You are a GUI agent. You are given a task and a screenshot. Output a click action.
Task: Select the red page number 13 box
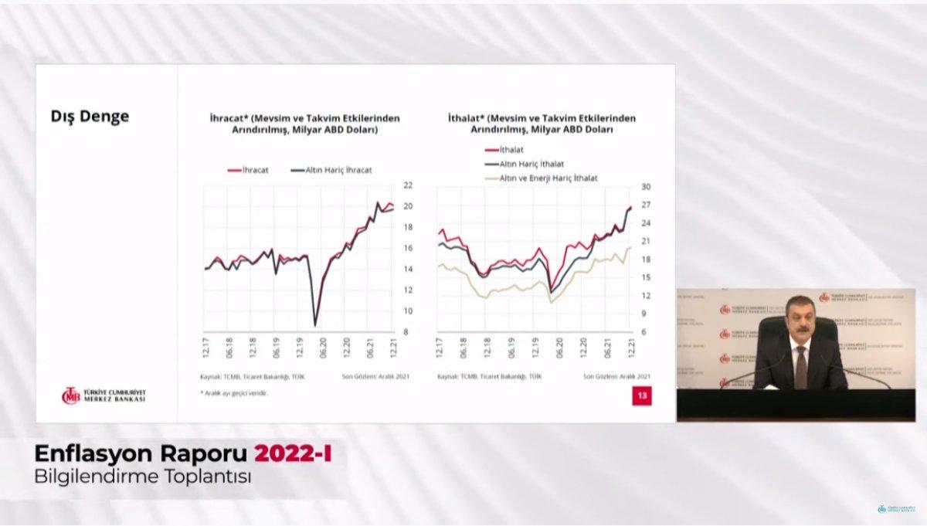click(641, 395)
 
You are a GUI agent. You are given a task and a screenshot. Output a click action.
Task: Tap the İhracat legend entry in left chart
click(249, 170)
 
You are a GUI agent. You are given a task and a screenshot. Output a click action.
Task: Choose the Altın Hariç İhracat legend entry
click(333, 170)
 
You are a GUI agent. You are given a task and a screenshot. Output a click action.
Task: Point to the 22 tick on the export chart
click(408, 185)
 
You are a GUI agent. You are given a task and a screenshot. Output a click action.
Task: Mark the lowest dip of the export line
click(315, 323)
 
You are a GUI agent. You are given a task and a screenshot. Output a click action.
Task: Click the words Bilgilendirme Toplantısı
click(144, 477)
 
